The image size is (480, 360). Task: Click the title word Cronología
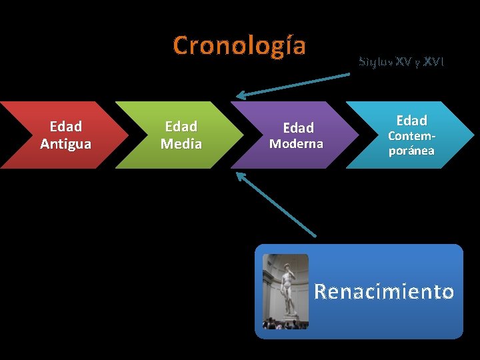(x=239, y=45)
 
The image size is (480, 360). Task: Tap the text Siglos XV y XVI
(x=401, y=62)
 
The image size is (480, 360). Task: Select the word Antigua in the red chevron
(x=65, y=143)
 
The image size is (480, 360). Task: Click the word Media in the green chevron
(x=181, y=143)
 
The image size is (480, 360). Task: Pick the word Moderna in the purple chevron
(x=295, y=143)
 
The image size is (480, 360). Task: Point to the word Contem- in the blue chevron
(x=411, y=136)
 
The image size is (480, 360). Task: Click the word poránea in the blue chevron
(x=411, y=151)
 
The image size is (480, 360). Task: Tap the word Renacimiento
(x=383, y=291)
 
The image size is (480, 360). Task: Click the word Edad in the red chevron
(x=65, y=127)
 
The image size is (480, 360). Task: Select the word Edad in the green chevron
(x=181, y=127)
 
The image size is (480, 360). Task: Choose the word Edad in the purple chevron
(x=298, y=127)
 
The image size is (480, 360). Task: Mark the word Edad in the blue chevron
(x=411, y=121)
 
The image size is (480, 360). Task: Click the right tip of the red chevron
(x=128, y=135)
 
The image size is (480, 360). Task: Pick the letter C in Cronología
(x=181, y=45)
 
